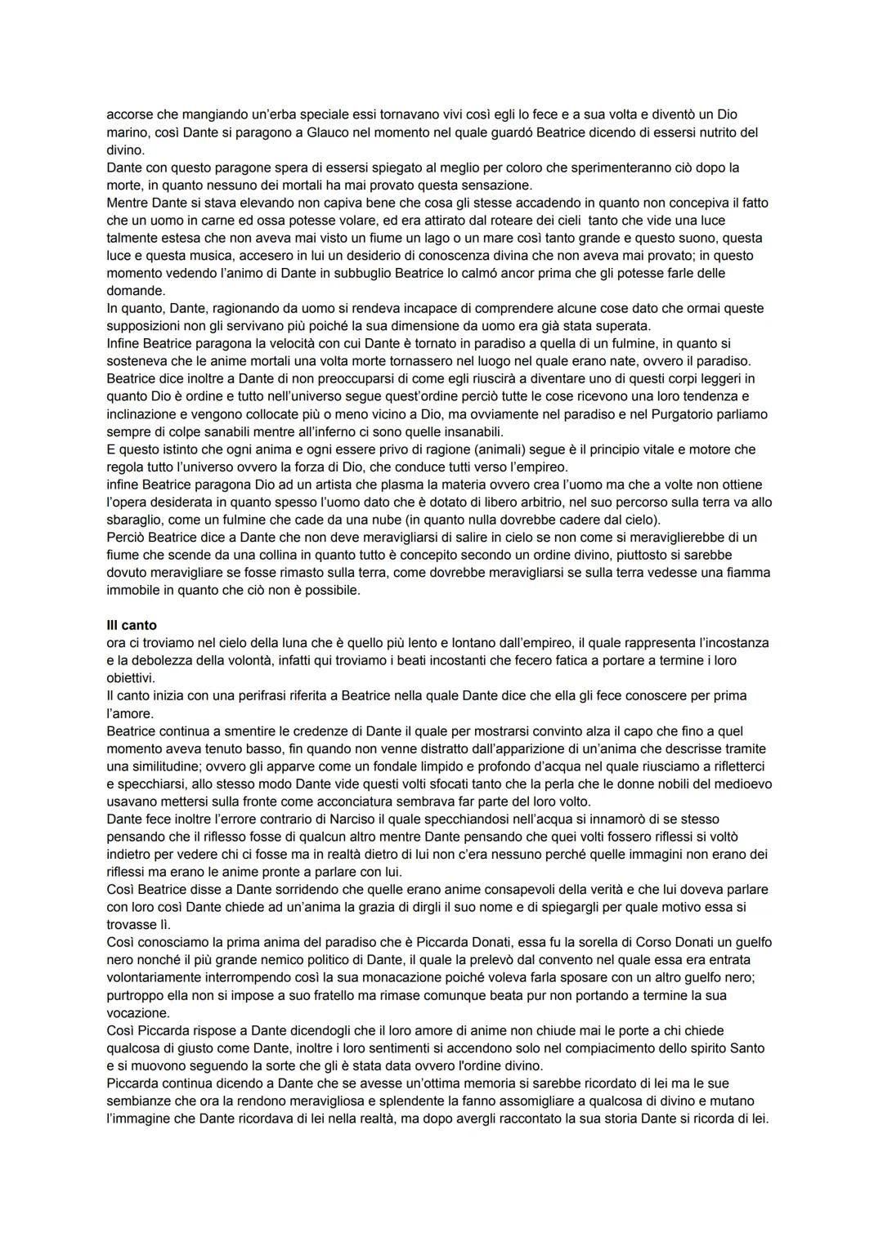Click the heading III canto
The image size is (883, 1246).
click(132, 626)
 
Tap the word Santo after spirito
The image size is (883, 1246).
click(747, 1048)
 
